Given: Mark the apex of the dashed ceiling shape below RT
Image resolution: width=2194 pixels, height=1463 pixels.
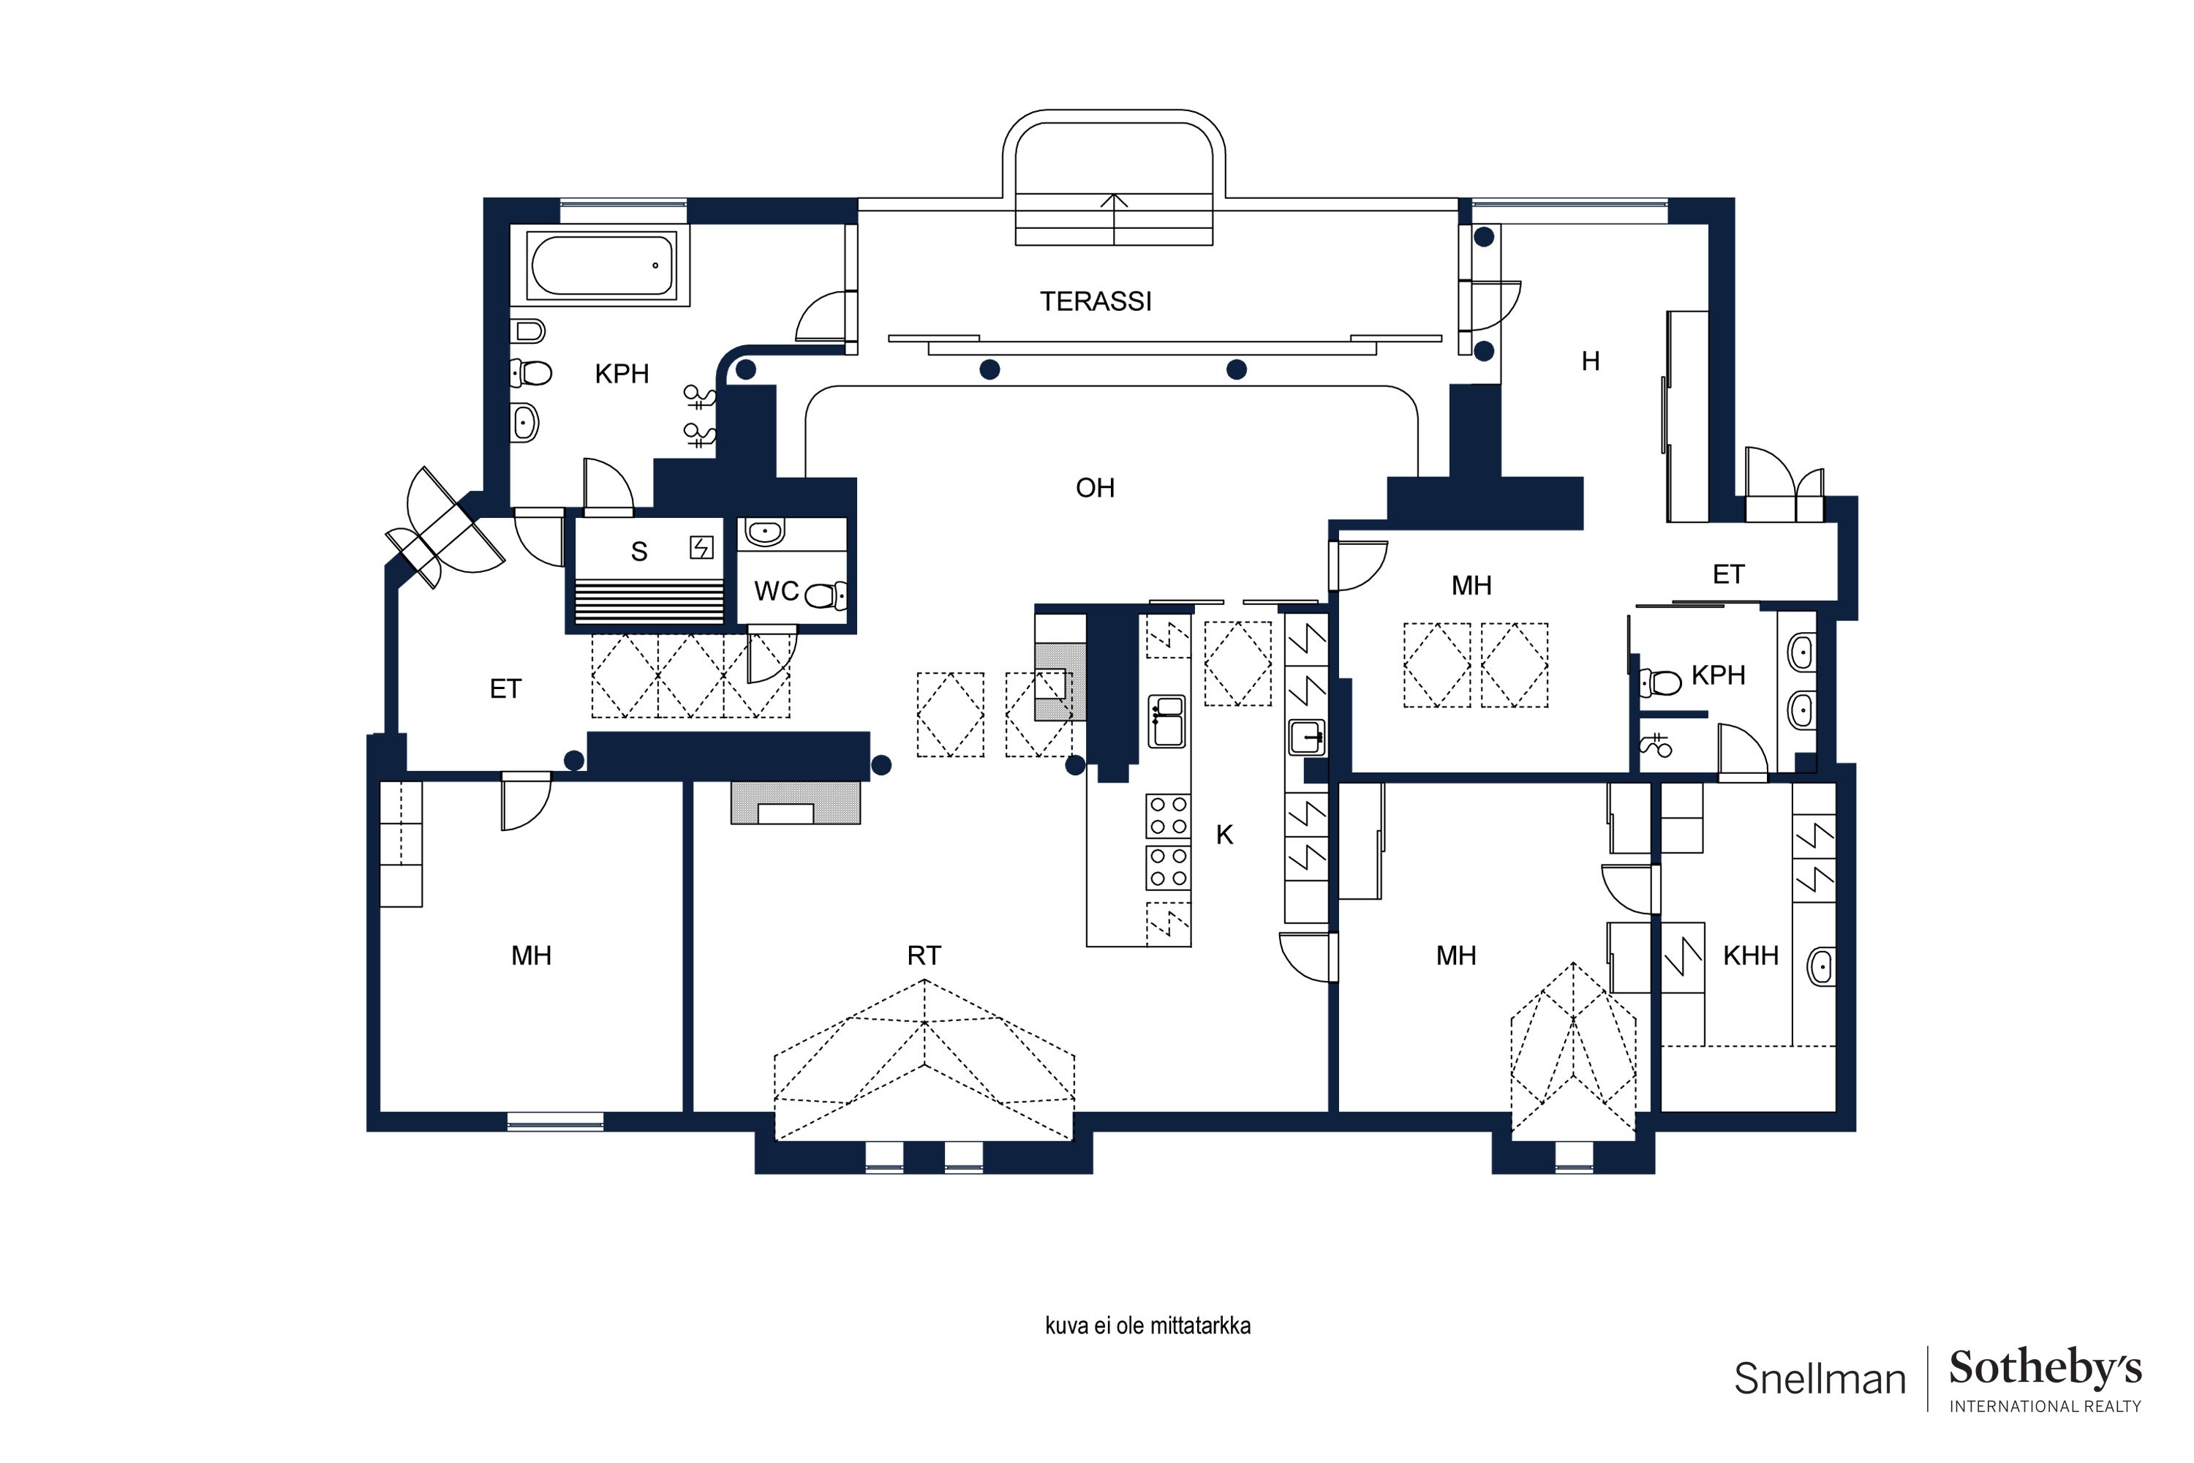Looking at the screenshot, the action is (924, 979).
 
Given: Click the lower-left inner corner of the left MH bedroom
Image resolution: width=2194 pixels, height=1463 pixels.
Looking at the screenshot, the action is (380, 1111).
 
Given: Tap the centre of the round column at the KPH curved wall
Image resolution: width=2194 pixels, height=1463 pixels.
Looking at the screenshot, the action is (745, 370).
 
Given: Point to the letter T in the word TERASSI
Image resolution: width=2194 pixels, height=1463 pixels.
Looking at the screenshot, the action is (1047, 301).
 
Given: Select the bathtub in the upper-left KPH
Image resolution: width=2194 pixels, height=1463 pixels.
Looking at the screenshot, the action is (602, 265).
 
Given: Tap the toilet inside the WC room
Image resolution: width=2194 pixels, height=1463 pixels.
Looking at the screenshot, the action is (826, 594).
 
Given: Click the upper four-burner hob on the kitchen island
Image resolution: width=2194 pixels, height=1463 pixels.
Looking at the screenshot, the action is (1168, 816).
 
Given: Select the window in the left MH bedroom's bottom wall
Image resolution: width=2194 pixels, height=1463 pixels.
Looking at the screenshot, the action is (555, 1121).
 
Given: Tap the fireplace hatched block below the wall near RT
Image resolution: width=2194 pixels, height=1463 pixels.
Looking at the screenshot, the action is (795, 802).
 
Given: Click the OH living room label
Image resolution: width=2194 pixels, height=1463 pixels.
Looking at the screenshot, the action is (1095, 488).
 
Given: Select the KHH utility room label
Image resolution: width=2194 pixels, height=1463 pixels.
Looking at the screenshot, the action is (1751, 955).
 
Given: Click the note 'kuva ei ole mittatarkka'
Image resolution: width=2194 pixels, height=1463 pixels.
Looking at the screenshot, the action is (1147, 1325).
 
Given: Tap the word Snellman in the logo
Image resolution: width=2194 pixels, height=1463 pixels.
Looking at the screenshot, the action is (1820, 1379).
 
